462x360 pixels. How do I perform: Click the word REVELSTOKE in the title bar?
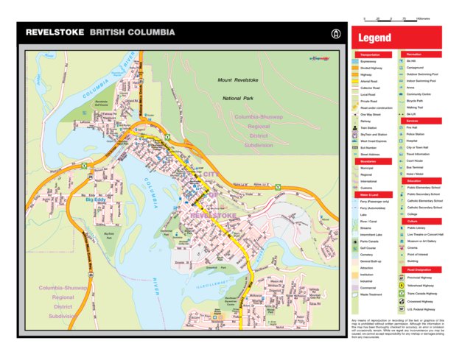coord(55,33)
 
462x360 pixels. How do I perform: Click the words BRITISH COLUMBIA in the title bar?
coord(133,33)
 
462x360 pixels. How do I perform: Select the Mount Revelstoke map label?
coord(238,80)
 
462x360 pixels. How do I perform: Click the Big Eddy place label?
coord(96,199)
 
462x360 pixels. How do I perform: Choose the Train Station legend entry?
coord(371,128)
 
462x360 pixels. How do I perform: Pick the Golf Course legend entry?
coord(371,247)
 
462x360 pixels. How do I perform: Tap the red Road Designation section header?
coord(419,269)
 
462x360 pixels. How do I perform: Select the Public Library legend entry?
coord(420,227)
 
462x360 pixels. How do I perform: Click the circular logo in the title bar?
coord(335,33)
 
